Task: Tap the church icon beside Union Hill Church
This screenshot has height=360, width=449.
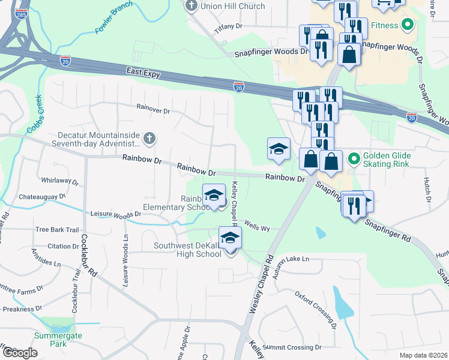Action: tap(191, 7)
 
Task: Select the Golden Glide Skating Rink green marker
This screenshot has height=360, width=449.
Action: tap(354, 160)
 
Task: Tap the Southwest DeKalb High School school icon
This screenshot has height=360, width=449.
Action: tap(230, 238)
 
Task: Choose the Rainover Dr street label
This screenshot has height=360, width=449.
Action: tap(154, 110)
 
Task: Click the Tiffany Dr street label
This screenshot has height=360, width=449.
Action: tap(228, 27)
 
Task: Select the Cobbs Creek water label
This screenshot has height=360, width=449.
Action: tap(33, 114)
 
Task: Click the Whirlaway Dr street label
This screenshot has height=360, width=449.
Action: tap(60, 180)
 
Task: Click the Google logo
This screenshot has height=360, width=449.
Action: tap(20, 352)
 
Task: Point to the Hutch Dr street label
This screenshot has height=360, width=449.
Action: tap(428, 188)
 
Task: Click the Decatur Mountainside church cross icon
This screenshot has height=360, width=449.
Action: tap(149, 139)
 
